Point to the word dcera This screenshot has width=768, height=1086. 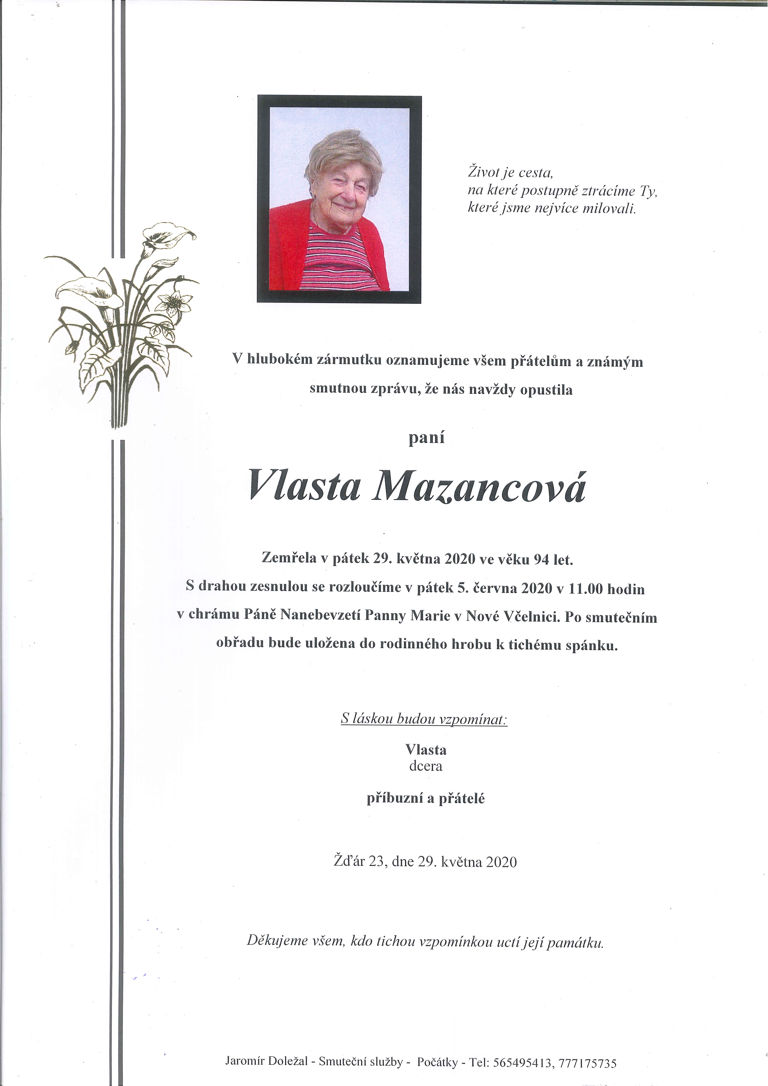coord(426,766)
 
